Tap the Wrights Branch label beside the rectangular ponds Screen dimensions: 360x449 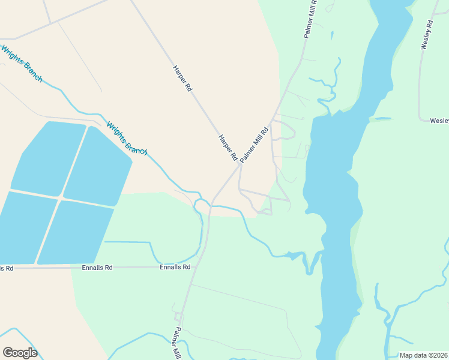point(127,139)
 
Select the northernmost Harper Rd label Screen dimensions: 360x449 point(182,79)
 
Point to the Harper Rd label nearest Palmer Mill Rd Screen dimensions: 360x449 point(228,147)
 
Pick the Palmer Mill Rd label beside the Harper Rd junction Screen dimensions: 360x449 point(253,145)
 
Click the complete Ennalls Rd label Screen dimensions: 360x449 point(175,267)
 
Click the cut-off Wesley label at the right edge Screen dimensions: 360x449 point(439,121)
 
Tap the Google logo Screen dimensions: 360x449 point(20,353)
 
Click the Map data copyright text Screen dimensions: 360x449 point(424,355)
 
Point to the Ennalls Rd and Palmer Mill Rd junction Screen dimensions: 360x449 point(191,267)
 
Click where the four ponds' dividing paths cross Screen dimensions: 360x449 point(61,197)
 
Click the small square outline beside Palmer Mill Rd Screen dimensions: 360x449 point(178,316)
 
